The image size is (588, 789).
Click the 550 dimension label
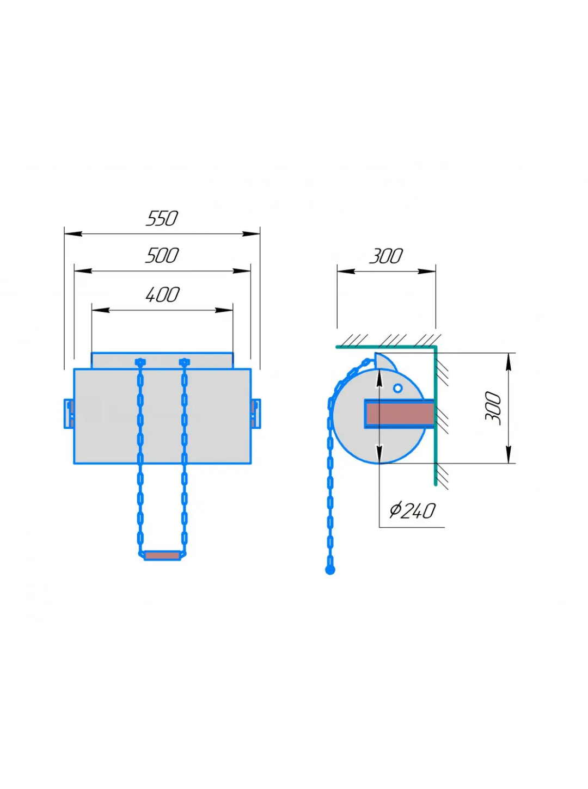(x=162, y=218)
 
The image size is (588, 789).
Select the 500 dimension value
(x=162, y=255)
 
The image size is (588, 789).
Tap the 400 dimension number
(x=162, y=294)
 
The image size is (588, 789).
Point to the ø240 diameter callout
(x=412, y=511)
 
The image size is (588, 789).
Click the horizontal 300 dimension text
(x=386, y=256)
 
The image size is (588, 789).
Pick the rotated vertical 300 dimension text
(x=493, y=408)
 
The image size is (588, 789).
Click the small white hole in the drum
(x=398, y=388)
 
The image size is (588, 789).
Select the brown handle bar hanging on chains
(x=162, y=556)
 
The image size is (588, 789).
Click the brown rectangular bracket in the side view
(x=399, y=414)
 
